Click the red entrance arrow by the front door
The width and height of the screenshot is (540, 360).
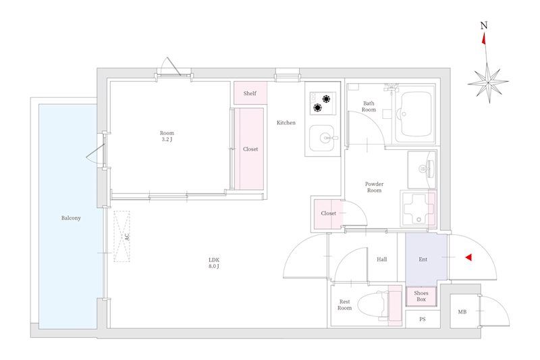coord(468,257)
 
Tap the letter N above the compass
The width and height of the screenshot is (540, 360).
coord(484,26)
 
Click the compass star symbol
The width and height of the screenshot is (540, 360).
coord(488,82)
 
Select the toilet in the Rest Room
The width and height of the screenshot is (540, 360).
coord(374,305)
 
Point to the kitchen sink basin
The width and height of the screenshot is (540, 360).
coord(322,138)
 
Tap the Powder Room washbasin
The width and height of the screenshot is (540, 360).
coord(422,169)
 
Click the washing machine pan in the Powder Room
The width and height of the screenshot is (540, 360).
coord(418,209)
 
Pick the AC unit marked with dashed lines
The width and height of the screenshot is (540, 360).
coord(122,236)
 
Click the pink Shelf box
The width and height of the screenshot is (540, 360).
coord(250,93)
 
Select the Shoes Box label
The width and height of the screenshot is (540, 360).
coord(421,297)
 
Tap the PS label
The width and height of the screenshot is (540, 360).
coord(423,319)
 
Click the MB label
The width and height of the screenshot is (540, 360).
coord(462,312)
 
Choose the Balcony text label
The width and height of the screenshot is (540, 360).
coord(71,218)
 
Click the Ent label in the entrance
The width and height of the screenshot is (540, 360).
coord(423,259)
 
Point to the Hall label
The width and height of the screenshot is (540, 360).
coord(381,259)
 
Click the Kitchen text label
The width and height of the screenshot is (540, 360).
coord(286,123)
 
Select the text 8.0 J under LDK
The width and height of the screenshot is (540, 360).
coord(214,266)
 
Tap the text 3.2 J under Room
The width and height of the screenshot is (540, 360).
coord(167,140)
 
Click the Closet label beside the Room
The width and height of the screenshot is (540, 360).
coord(250,149)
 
